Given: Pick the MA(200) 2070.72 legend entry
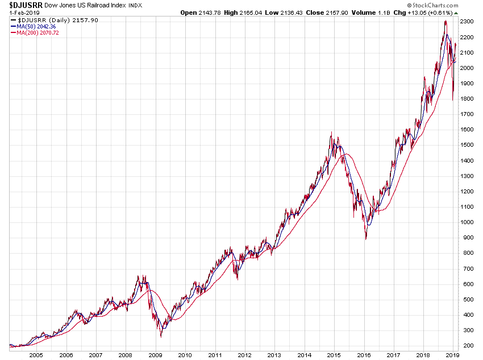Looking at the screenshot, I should pyautogui.click(x=38, y=33).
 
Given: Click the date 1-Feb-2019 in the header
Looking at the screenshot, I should pyautogui.click(x=22, y=13).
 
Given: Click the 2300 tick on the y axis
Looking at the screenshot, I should pyautogui.click(x=467, y=22).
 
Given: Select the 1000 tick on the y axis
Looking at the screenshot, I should pyautogui.click(x=467, y=222).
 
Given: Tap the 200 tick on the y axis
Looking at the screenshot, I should pyautogui.click(x=467, y=346).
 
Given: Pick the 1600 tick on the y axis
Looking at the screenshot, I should pyautogui.click(x=467, y=130).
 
